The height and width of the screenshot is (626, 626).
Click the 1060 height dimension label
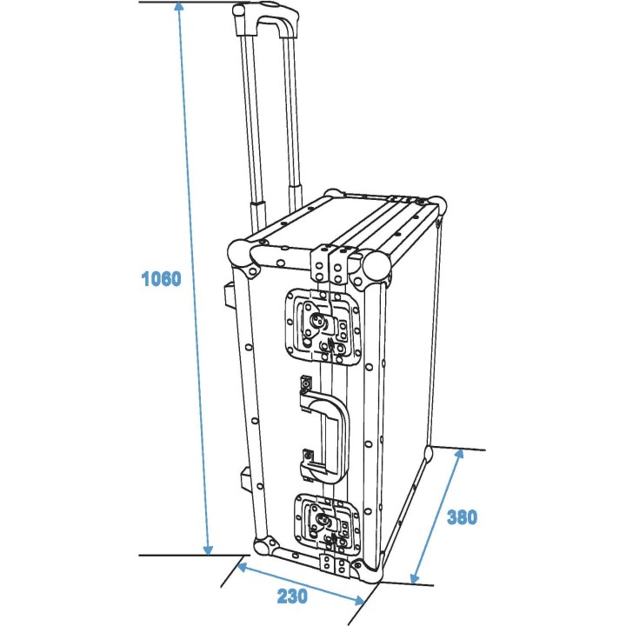(161, 279)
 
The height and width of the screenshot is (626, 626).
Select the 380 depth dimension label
(462, 517)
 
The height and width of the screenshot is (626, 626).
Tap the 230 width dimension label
(292, 596)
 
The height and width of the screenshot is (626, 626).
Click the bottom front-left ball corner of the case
(262, 548)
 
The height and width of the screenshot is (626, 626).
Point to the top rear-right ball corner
(438, 207)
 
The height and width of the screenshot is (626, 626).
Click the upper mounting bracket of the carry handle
(306, 385)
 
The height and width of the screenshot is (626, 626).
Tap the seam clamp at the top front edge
(330, 261)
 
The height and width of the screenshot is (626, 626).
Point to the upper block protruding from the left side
(230, 294)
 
